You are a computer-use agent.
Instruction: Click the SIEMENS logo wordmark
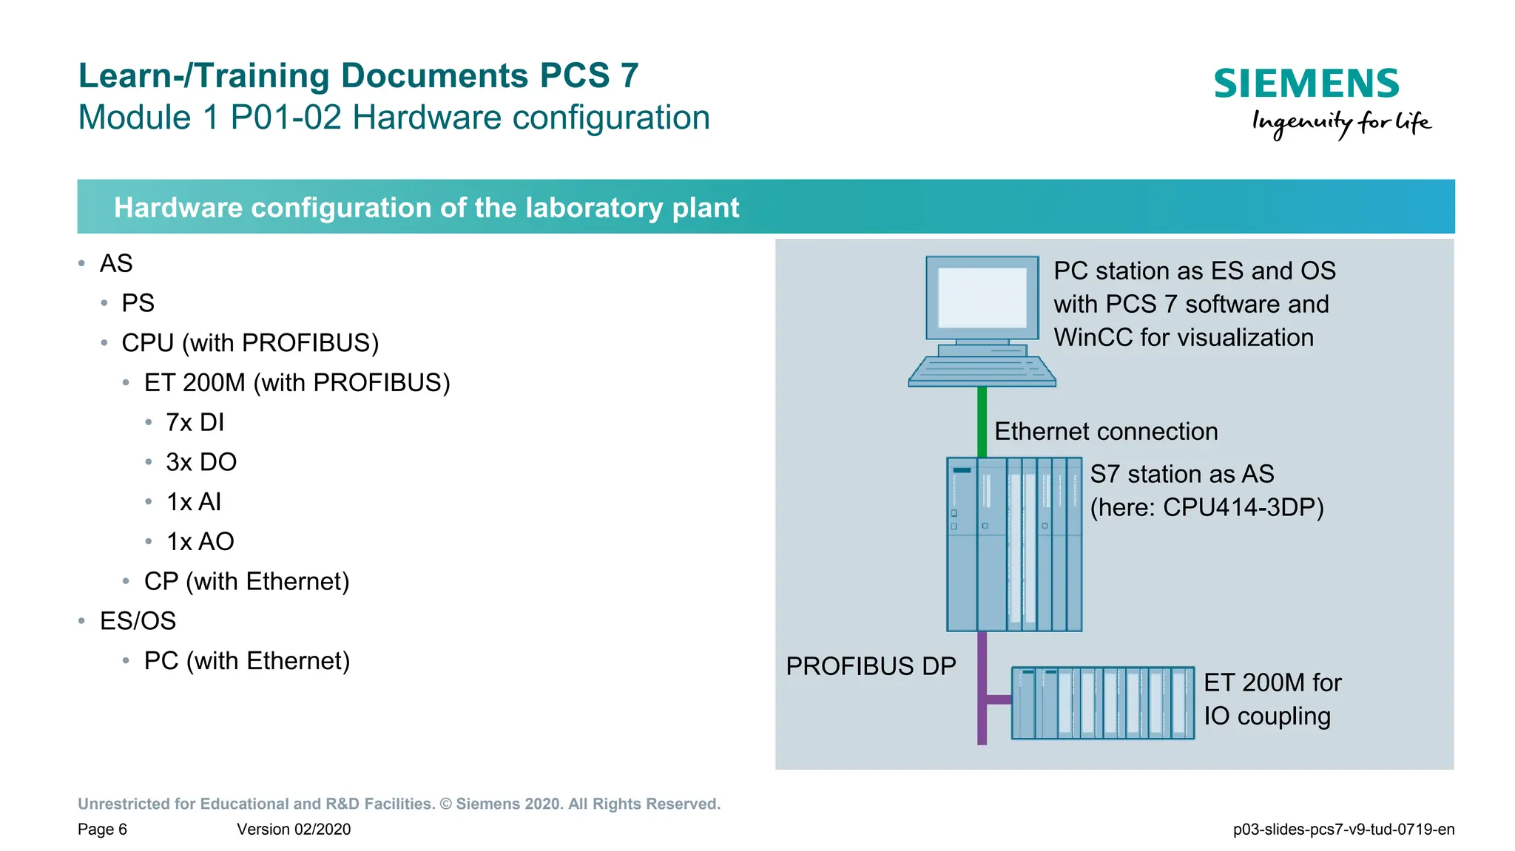(1306, 84)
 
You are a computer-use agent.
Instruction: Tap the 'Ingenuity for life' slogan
(1340, 123)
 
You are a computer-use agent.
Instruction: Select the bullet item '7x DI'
(195, 422)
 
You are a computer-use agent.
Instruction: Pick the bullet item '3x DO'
(201, 462)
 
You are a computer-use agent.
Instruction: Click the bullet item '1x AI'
(194, 502)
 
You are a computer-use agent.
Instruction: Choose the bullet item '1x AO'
(200, 542)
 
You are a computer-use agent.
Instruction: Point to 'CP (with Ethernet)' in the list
(246, 581)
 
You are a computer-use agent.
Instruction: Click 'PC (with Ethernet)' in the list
(246, 661)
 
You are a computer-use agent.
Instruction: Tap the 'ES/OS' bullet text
(138, 621)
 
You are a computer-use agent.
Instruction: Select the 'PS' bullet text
(138, 303)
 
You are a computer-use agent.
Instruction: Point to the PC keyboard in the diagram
(982, 370)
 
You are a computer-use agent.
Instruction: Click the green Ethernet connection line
(982, 421)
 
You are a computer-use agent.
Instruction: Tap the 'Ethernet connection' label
(1106, 432)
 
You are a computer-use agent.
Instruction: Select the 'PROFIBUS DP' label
(871, 666)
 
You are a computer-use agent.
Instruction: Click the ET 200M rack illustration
(1102, 703)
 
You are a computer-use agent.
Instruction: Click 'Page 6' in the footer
(102, 830)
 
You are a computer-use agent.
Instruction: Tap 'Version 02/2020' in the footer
(294, 830)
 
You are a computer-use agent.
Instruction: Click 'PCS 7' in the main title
(589, 75)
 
